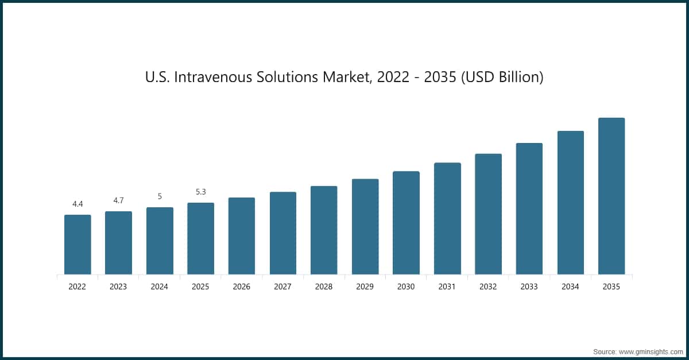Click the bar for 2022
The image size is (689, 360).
[78, 245]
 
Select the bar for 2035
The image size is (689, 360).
[611, 196]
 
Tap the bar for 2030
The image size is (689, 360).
[406, 223]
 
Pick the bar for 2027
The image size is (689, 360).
[283, 233]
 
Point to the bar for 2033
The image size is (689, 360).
[529, 208]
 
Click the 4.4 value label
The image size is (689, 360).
[78, 204]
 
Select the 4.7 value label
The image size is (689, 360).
[118, 200]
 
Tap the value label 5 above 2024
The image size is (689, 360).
[160, 196]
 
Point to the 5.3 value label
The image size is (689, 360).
[200, 192]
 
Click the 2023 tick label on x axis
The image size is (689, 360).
[118, 287]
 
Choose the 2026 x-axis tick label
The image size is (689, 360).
[242, 287]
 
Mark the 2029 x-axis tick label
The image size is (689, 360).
[365, 287]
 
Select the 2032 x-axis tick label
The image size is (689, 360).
[488, 287]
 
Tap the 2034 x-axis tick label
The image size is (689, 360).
[570, 287]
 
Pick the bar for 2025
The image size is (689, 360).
[200, 238]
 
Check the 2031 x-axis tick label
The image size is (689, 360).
[447, 287]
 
